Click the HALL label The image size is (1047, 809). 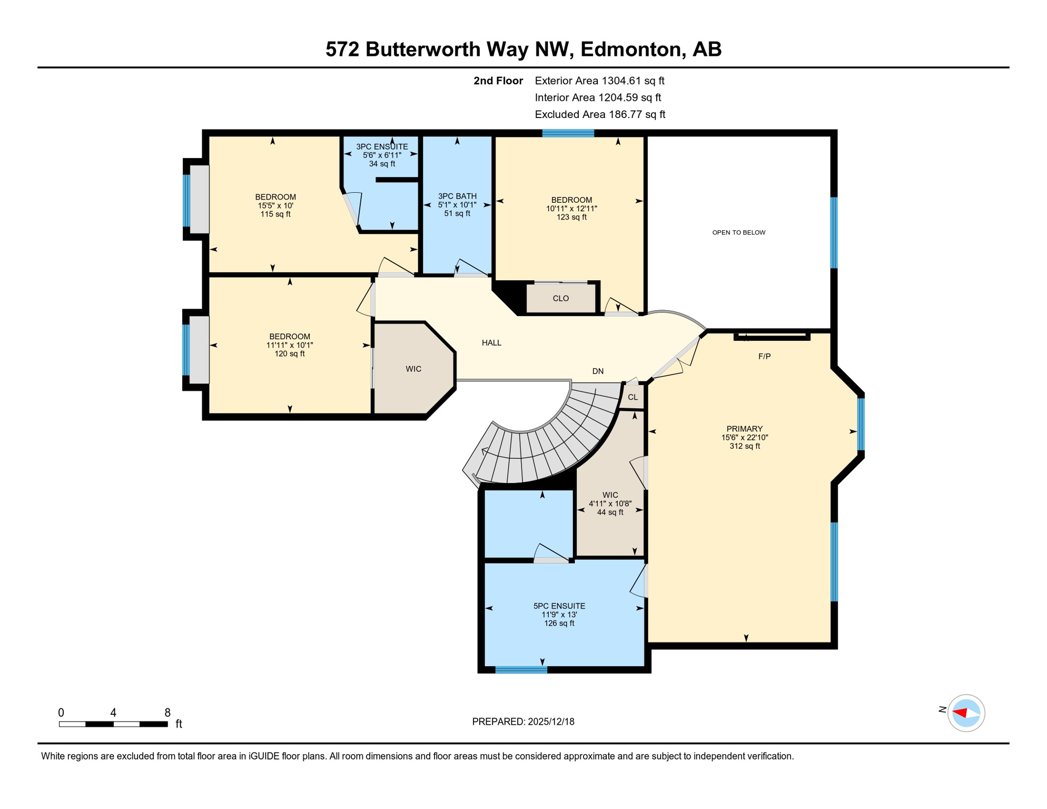491,343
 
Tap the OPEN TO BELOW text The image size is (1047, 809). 738,232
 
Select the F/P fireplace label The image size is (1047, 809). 764,357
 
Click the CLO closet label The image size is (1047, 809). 560,299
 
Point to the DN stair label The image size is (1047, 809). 598,371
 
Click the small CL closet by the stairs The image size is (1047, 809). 633,397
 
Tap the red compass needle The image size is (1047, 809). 960,713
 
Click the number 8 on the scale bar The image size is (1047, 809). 167,713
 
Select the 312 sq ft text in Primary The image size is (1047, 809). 744,446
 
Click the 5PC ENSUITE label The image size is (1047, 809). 559,606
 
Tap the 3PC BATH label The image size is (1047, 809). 457,196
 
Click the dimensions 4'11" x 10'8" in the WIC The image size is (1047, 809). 610,504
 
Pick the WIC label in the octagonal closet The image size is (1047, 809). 413,369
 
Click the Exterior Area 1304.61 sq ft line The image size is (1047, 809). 599,81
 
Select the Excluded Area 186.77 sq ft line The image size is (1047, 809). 600,114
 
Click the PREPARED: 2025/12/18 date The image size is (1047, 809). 523,722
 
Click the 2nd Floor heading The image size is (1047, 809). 498,81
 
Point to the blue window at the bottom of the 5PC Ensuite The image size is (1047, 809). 521,670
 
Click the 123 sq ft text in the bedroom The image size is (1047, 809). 571,217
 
